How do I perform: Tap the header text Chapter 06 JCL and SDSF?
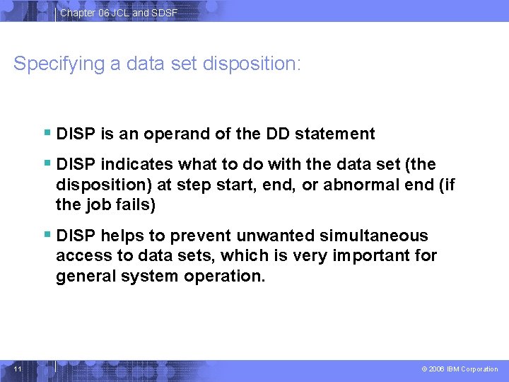tap(119, 13)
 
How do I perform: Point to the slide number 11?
tap(18, 369)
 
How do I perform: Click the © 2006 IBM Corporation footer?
tap(460, 369)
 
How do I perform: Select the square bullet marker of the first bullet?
tap(47, 133)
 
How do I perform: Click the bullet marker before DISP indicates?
tap(47, 164)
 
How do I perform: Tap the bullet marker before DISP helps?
tap(47, 235)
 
